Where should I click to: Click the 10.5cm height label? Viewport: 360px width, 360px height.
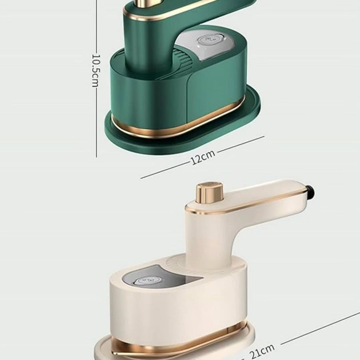click(x=96, y=71)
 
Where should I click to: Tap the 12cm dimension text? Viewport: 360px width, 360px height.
click(x=203, y=157)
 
